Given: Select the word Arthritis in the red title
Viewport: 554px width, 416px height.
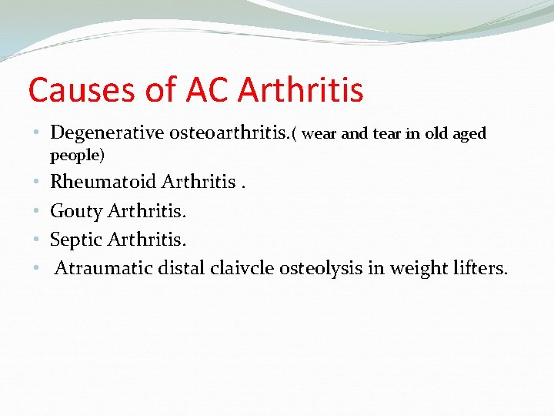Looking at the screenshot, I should click(301, 90).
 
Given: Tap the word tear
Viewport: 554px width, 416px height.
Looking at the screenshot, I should click(387, 135).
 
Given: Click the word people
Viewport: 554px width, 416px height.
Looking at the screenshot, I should click(75, 156).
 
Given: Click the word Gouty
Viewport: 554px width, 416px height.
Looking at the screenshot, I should click(76, 211).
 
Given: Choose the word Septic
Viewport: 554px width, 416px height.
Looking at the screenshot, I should click(76, 240).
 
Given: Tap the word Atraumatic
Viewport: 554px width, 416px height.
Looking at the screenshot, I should click(104, 268).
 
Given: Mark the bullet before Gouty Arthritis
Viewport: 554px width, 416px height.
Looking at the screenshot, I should click(37, 211).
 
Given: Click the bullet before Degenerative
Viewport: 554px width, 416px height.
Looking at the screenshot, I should click(37, 134).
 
